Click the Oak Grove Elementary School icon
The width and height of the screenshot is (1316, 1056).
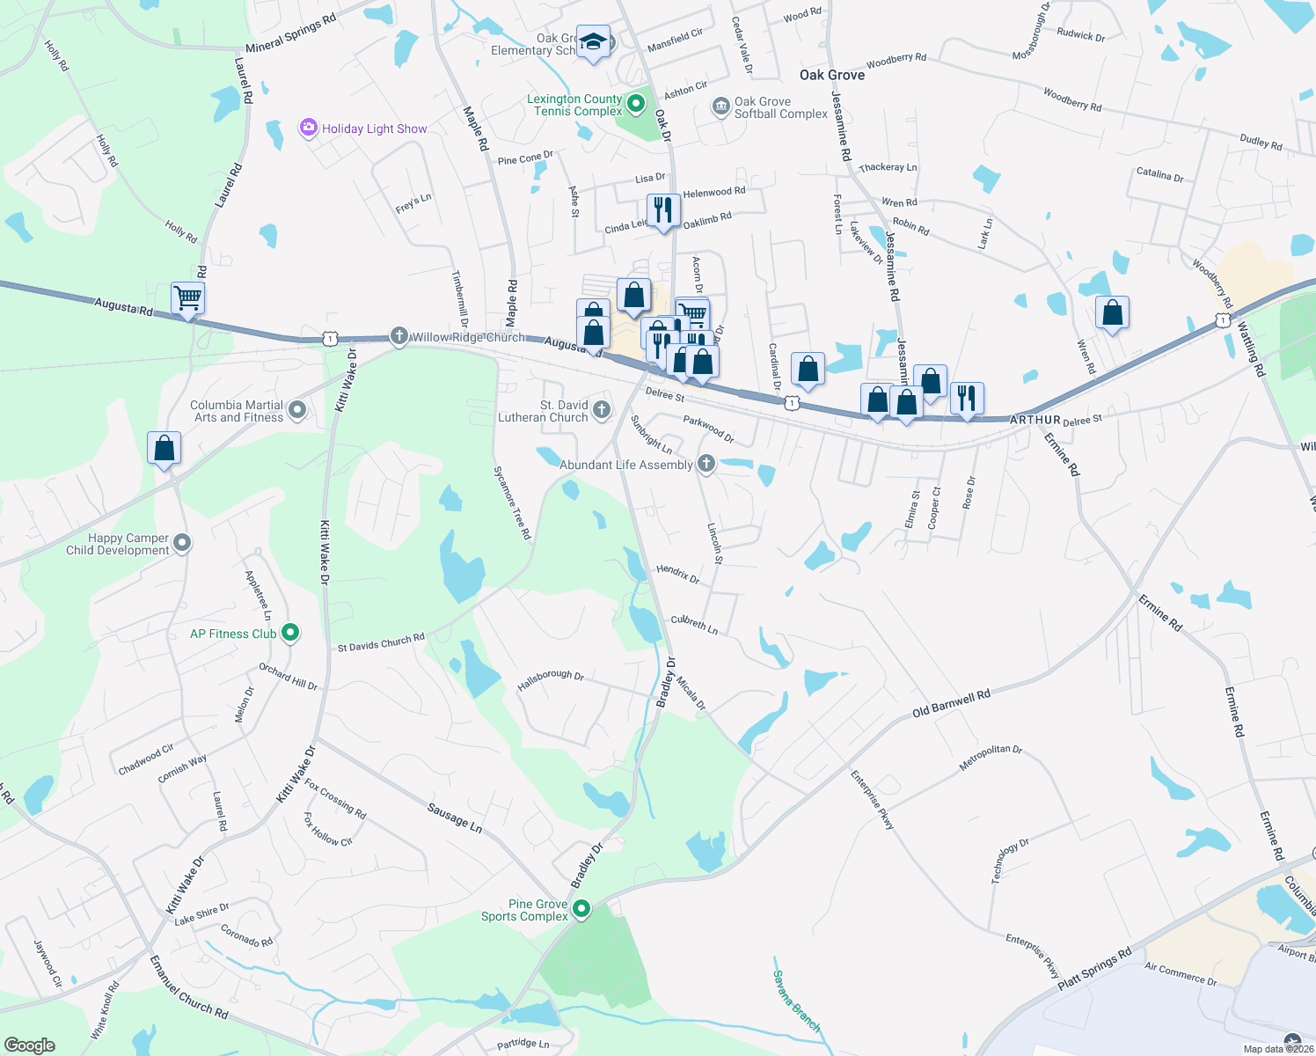(594, 42)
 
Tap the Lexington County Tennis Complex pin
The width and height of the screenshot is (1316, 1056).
(636, 105)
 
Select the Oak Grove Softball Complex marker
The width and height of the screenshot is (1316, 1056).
(720, 107)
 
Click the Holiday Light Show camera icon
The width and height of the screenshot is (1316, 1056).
(308, 128)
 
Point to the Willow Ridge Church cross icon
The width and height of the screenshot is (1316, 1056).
(398, 336)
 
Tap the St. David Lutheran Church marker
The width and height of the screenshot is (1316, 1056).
(602, 409)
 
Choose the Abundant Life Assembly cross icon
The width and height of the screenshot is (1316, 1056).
(706, 464)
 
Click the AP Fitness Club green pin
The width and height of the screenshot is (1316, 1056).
(290, 633)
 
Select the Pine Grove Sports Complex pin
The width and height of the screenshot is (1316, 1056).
(581, 909)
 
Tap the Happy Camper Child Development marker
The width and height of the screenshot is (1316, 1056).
(182, 543)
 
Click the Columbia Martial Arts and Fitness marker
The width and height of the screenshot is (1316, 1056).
(297, 410)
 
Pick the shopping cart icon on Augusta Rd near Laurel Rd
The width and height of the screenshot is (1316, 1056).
(188, 297)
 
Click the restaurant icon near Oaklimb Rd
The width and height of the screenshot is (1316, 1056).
(663, 210)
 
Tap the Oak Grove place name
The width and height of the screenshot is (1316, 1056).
(831, 76)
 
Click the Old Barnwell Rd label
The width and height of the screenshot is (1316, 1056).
(951, 703)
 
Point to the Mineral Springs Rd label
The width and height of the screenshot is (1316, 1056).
(290, 33)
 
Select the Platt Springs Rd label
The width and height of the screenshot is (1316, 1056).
(1094, 969)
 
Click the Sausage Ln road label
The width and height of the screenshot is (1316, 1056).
(455, 818)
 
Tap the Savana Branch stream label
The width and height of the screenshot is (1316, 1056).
(796, 1001)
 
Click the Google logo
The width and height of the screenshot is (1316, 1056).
(30, 1045)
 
